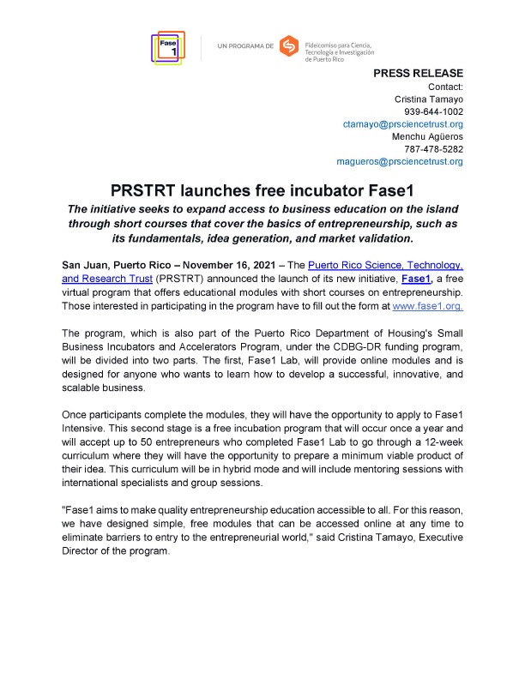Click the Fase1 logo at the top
pos(166,48)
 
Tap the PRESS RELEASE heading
pos(419,74)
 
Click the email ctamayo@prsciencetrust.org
pos(403,124)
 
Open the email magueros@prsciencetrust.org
pos(400,161)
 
